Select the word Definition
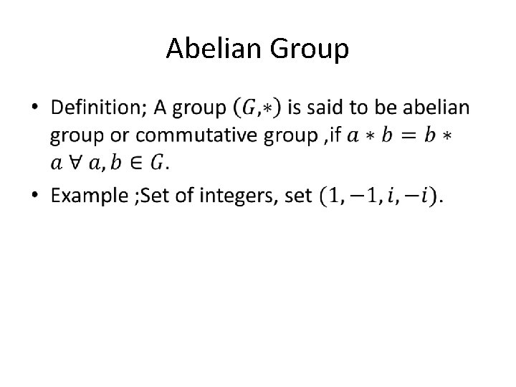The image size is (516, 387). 97,108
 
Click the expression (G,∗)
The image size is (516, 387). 257,108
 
